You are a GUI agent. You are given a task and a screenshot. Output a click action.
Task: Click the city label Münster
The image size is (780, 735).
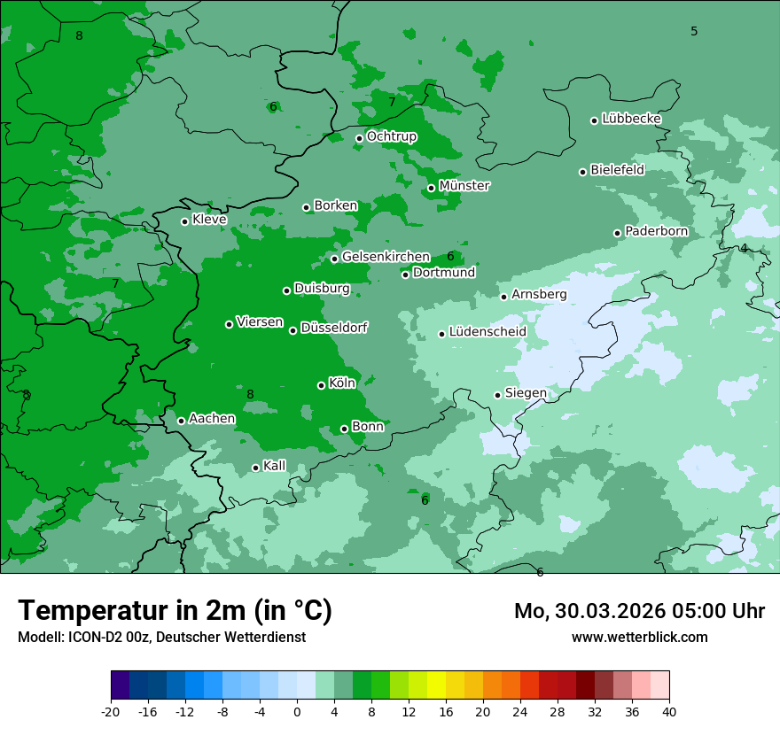coord(464,186)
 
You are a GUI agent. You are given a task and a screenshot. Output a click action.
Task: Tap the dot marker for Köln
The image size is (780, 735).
coord(321,385)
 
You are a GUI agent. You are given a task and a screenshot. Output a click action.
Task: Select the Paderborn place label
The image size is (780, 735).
coord(656,232)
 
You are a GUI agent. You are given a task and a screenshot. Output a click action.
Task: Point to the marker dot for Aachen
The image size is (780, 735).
coord(181,421)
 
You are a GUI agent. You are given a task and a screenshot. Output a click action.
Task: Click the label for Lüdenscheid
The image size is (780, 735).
coord(487,332)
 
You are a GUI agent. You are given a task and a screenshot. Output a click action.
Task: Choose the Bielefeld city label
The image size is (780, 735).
coord(617,170)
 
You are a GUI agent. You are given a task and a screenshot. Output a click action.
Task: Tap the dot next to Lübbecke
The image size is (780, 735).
coord(594,120)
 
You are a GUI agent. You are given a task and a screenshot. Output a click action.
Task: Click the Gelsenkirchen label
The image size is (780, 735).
coord(386,257)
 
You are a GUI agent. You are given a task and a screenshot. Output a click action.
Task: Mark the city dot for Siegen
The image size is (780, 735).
coord(497,395)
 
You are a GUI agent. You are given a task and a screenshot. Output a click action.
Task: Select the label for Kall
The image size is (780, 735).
coord(274,466)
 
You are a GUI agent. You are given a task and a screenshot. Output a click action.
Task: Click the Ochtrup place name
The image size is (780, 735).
coord(391,136)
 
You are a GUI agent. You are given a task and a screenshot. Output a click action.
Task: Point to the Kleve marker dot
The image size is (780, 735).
coord(184,221)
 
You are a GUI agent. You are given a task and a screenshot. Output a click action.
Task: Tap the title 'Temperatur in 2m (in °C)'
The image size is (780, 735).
coord(175,610)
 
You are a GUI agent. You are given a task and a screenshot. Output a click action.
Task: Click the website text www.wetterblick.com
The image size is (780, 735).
coord(639,637)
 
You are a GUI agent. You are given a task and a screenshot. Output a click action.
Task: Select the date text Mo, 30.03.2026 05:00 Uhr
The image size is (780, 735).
coord(639,611)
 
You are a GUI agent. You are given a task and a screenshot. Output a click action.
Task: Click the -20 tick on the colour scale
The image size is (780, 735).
coord(111,711)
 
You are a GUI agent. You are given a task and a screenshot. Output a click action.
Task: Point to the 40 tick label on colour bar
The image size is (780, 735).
coord(669,711)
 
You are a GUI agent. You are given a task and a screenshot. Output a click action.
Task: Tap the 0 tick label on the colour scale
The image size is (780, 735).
coord(297,711)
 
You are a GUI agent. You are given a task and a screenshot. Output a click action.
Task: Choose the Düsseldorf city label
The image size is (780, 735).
coord(333,328)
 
